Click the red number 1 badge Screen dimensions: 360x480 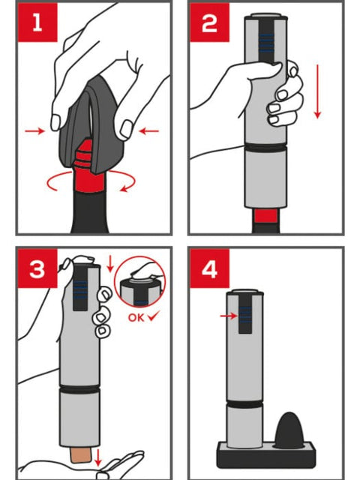pos(37,22)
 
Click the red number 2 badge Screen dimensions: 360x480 pos(209,22)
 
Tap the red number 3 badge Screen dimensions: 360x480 pos(37,268)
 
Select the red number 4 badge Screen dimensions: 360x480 pos(209,268)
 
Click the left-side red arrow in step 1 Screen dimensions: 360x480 pos(34,131)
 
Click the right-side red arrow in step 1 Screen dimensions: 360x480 pos(149,131)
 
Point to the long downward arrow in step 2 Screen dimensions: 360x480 pos(318,91)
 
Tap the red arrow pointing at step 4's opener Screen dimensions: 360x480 pos(229,316)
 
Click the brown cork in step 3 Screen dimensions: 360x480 pos(79,454)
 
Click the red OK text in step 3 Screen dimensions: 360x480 pos(136,317)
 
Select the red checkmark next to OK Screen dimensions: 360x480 pos(154,316)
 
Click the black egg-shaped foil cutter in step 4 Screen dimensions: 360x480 pos(289,430)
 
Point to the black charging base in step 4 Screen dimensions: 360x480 pos(266,455)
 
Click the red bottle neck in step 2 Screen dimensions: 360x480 pos(266,216)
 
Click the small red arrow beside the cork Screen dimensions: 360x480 pos(97,457)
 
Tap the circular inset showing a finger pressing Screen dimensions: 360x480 pos(140,282)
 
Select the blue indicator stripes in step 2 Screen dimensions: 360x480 pos(266,42)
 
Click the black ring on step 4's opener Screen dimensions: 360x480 pos(244,404)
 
